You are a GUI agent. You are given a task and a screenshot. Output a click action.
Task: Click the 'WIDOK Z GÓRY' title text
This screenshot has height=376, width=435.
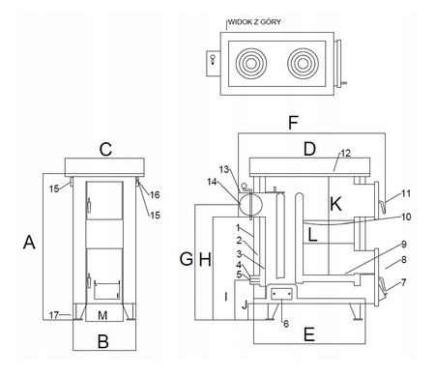coord(254,22)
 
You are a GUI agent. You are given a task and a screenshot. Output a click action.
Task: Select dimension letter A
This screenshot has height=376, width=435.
coord(29,243)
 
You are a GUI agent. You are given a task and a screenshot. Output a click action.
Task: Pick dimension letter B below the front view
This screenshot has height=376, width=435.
coord(103,341)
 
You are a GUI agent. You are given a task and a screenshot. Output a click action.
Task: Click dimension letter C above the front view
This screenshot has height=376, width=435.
coord(105,150)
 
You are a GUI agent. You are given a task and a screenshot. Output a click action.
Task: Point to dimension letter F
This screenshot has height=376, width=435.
coord(293,123)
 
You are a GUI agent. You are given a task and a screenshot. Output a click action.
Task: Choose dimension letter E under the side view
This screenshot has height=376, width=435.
coord(309,334)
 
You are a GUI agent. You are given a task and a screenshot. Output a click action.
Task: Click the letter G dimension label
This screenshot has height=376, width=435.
coord(187,259)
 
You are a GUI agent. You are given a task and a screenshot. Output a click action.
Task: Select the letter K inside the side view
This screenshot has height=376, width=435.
coord(335,204)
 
